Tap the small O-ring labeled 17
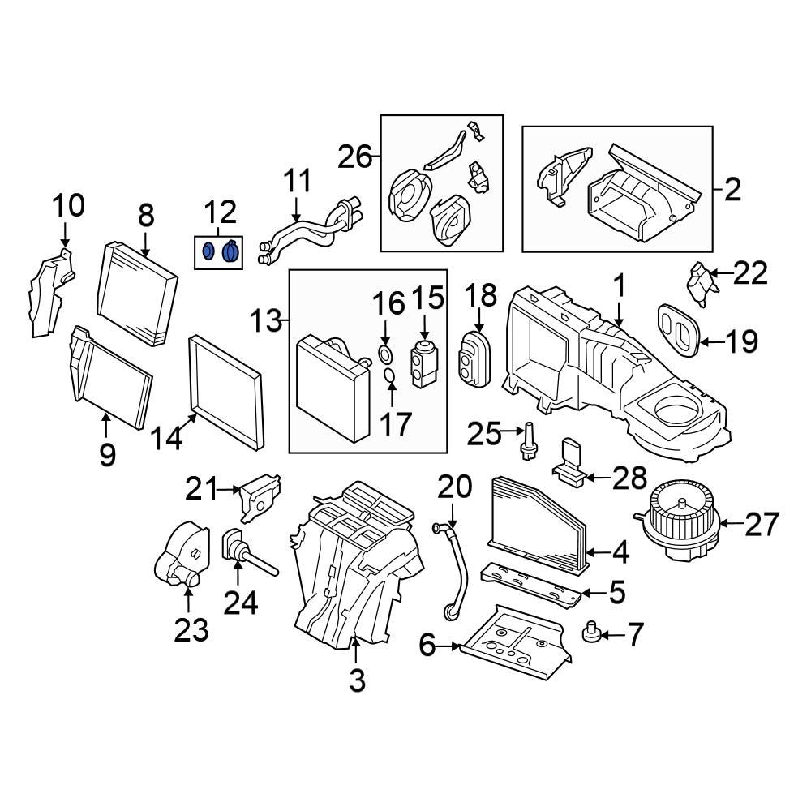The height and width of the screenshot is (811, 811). tap(388, 375)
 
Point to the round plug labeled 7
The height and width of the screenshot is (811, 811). tap(591, 631)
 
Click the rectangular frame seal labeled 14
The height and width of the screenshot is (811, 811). tap(225, 393)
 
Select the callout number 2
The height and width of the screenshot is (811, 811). tap(732, 190)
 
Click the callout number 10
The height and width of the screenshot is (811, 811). tap(70, 206)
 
